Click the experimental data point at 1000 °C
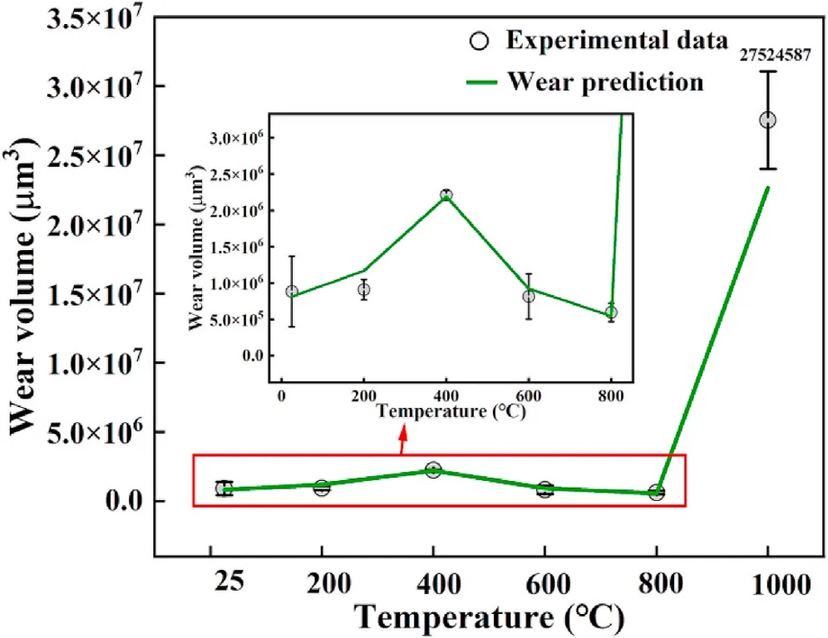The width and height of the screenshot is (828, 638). pos(767,120)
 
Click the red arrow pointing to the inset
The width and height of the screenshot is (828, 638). pos(403,442)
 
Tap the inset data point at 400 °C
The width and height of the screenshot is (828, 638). pos(446,195)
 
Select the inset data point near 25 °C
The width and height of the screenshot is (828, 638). pos(292,292)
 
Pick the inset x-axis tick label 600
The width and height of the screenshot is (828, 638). pos(529,395)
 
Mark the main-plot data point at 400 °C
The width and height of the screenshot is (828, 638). pos(432,470)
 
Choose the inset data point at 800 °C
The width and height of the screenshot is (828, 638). pos(611,312)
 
